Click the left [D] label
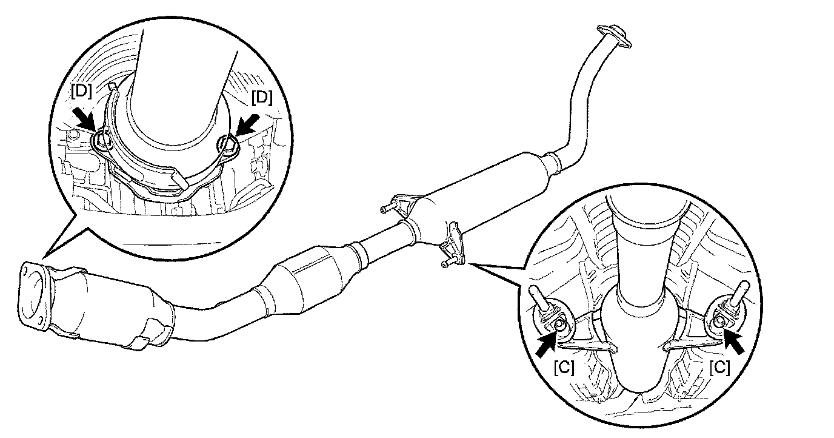pyautogui.click(x=81, y=92)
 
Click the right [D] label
pyautogui.click(x=262, y=97)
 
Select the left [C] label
pyautogui.click(x=564, y=368)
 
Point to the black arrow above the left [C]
pyautogui.click(x=548, y=343)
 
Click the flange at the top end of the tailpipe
pyautogui.click(x=613, y=35)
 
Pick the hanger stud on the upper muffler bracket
pyautogui.click(x=385, y=210)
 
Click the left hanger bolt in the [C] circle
pyautogui.click(x=562, y=326)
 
